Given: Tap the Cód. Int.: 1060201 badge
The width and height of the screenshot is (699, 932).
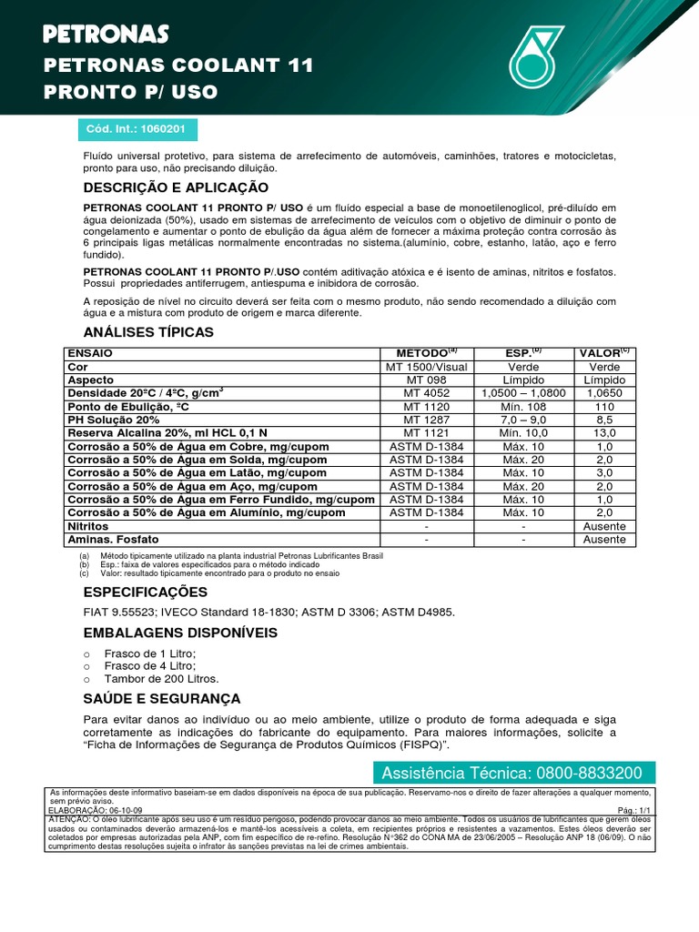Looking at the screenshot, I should (136, 129).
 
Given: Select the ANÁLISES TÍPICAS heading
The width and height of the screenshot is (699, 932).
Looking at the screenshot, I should (148, 332).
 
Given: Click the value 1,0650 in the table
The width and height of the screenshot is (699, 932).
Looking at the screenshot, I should (605, 393).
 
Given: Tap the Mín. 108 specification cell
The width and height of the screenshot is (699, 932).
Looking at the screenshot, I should (524, 407).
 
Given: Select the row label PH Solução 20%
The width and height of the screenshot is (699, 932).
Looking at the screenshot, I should (114, 420).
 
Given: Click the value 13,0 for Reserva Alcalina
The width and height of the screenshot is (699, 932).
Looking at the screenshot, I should (605, 434).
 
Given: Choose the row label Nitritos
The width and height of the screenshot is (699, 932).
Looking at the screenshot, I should (88, 527).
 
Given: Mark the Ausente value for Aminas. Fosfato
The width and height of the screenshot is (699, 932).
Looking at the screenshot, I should (605, 540).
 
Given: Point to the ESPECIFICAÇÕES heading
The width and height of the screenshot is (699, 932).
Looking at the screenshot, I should (146, 593).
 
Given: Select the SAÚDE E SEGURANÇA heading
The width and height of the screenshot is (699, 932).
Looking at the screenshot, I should (162, 699).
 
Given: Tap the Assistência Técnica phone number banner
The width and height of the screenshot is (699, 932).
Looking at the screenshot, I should (512, 773).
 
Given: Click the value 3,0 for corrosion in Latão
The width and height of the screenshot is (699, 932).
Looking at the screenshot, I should (605, 473).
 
